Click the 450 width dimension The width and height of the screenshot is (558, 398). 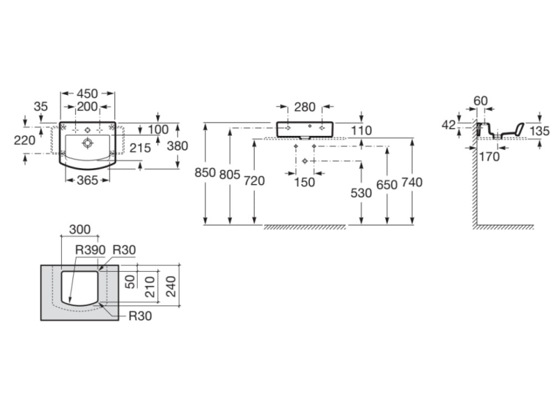88,93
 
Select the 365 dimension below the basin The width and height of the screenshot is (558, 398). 88,180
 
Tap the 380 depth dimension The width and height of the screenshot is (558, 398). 177,146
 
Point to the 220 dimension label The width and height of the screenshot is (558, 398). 25,140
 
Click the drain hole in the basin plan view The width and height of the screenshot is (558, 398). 88,143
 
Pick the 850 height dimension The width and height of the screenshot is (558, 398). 206,172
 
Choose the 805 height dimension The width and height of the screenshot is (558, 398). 230,175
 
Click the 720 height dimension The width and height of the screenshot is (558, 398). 255,181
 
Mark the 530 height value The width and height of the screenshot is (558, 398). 361,193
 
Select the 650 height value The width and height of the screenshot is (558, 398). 387,185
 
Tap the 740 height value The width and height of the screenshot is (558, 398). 412,183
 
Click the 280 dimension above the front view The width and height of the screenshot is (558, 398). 305,107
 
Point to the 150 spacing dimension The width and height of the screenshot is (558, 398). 305,182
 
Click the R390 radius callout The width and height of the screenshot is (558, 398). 90,250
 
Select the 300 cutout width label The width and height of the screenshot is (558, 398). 80,229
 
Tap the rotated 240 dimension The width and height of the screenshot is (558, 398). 171,286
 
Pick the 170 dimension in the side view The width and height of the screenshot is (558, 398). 489,156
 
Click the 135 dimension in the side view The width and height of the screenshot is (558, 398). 540,131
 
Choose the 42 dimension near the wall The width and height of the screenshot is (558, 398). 449,125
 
